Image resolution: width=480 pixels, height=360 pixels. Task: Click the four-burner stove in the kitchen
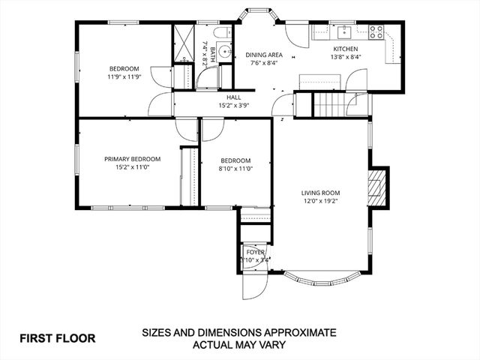tap(376, 31)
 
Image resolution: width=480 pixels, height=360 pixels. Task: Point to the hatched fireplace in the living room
tap(377, 187)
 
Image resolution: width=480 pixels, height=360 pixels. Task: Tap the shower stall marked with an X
tap(184, 44)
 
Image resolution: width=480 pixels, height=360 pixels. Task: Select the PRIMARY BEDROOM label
tap(132, 158)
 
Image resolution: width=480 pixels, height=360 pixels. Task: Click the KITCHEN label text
tap(346, 49)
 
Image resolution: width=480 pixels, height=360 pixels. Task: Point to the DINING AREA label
tap(264, 55)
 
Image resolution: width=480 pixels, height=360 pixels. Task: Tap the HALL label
tap(234, 97)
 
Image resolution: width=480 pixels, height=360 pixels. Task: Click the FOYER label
tap(256, 252)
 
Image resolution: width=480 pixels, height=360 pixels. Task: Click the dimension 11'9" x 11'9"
tap(124, 76)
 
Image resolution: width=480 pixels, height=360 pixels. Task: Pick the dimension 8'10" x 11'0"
tap(235, 169)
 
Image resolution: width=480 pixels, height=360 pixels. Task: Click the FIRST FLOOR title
tap(58, 338)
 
